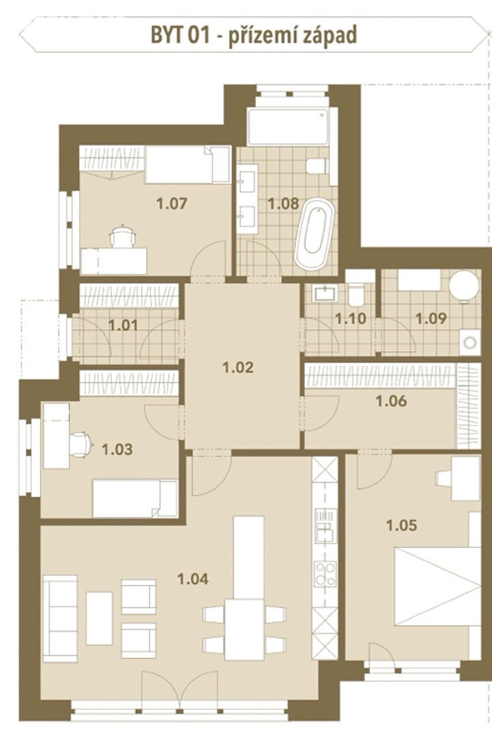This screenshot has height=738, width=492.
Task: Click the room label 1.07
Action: click(172, 204)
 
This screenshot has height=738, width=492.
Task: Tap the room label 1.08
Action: click(283, 204)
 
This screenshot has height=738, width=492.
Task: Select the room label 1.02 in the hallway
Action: click(238, 367)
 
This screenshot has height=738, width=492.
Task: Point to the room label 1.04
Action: click(193, 579)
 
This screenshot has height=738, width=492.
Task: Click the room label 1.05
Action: click(402, 525)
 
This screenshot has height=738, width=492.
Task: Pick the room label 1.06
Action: click(392, 401)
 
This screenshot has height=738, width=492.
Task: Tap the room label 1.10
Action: click(351, 318)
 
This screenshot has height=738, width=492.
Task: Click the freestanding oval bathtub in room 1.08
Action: click(315, 234)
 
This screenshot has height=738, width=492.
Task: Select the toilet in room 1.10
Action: click(356, 293)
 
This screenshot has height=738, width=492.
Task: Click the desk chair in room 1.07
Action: click(123, 236)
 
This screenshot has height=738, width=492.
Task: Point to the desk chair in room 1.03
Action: click(81, 444)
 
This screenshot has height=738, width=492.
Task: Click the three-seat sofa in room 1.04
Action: click(60, 618)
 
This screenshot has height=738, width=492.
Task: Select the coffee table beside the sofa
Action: click(100, 618)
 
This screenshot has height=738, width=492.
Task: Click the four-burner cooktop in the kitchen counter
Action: click(325, 574)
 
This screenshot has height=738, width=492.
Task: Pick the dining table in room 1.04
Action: click(244, 629)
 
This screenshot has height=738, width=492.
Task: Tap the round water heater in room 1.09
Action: click(464, 285)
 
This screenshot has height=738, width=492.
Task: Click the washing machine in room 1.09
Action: click(469, 342)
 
